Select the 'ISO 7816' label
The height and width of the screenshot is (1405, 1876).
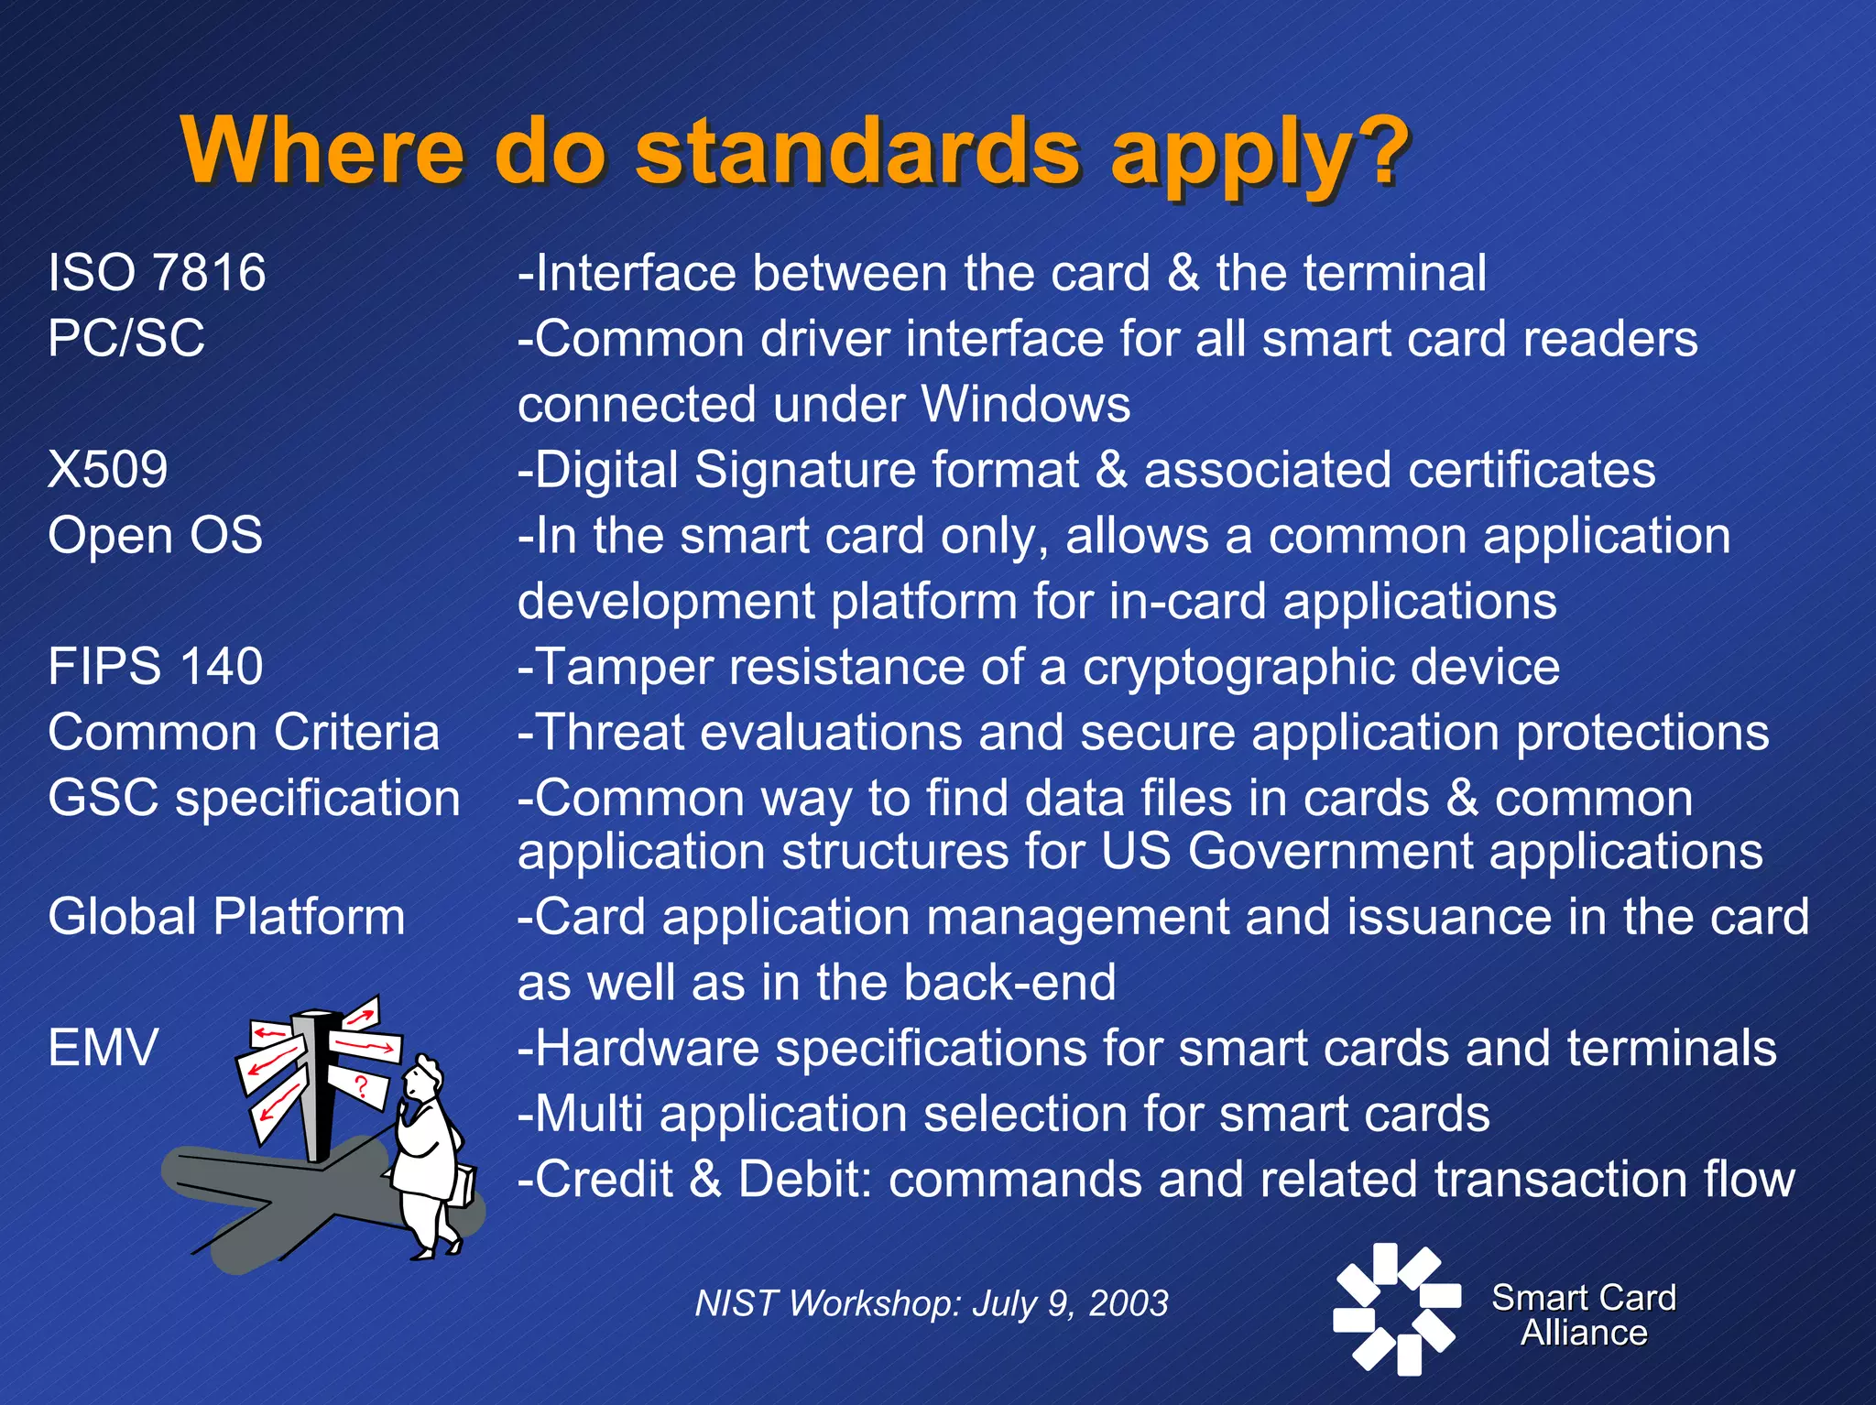(157, 273)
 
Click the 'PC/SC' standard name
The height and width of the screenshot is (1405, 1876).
(126, 338)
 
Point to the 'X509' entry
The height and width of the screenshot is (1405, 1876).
(108, 470)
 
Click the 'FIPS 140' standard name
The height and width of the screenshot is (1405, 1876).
(155, 666)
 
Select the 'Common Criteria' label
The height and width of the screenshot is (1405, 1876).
(244, 732)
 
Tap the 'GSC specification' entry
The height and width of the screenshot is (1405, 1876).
(254, 798)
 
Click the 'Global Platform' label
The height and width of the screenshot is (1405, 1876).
(226, 917)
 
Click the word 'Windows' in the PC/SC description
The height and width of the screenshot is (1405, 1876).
(1026, 404)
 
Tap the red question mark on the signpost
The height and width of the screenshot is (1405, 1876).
(361, 1087)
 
